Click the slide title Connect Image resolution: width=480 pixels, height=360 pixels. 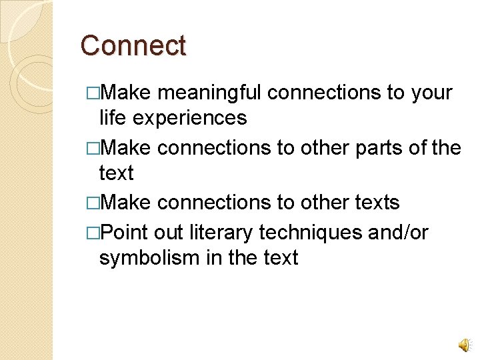pos(133,46)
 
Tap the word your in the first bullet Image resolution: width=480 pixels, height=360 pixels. pos(431,93)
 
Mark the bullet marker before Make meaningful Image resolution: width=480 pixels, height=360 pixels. pos(93,93)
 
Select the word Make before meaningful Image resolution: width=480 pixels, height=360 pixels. pos(127,93)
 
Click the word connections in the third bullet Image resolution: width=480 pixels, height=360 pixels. pos(217,203)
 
